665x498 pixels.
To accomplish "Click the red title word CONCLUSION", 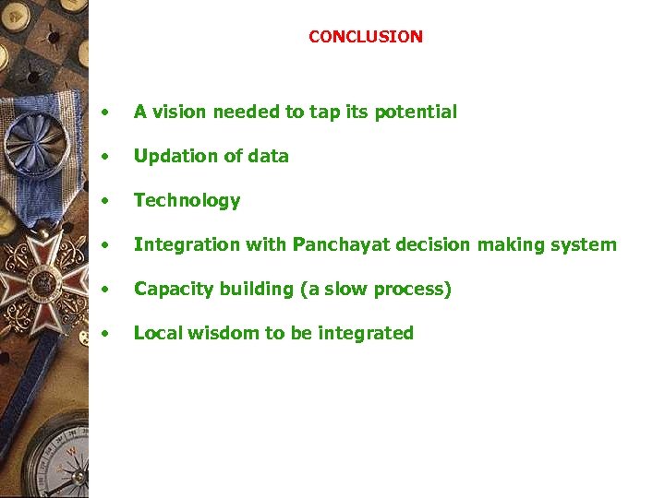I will pyautogui.click(x=365, y=37).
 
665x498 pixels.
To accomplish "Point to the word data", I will pyautogui.click(x=268, y=156).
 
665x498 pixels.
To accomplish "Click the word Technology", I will pyautogui.click(x=187, y=201).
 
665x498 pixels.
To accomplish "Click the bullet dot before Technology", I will pyautogui.click(x=109, y=201).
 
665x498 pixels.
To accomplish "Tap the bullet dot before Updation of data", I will pyautogui.click(x=109, y=157).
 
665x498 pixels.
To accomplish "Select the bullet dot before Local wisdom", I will pyautogui.click(x=109, y=334).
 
